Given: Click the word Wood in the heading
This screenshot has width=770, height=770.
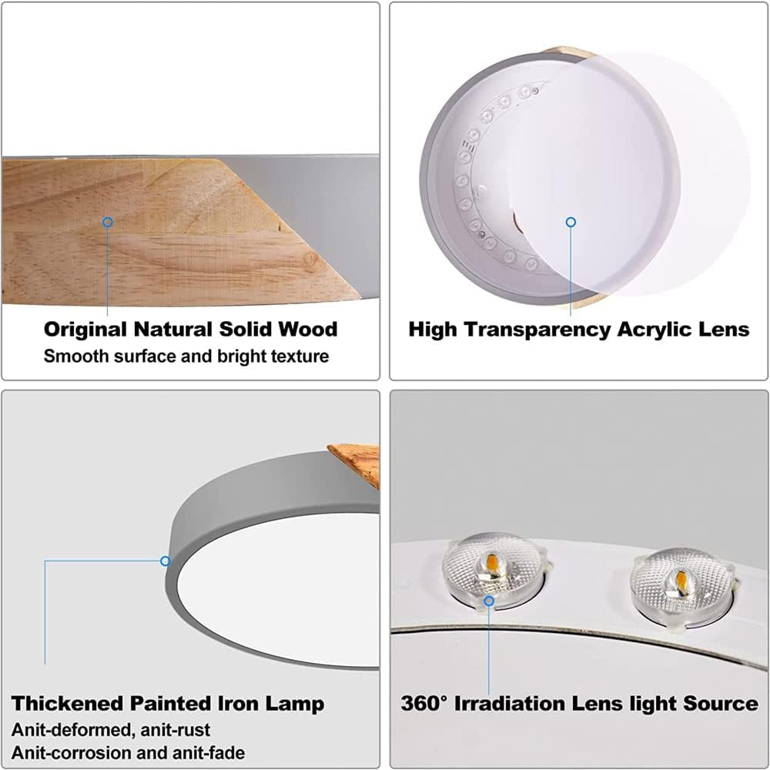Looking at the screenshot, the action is pyautogui.click(x=308, y=329).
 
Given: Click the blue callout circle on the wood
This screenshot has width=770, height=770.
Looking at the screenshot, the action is pyautogui.click(x=108, y=222).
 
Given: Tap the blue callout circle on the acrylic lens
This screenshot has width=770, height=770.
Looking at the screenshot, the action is pyautogui.click(x=571, y=223).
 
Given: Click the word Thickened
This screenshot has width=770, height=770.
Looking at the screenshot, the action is pyautogui.click(x=67, y=703).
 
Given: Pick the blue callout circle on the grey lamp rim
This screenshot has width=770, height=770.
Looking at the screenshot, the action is pyautogui.click(x=166, y=561).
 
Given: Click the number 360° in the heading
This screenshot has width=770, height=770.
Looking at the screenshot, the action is pyautogui.click(x=424, y=703).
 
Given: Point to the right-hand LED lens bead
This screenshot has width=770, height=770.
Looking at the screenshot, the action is pyautogui.click(x=682, y=587).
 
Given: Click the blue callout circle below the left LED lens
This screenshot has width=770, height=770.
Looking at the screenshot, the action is pyautogui.click(x=489, y=601).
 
